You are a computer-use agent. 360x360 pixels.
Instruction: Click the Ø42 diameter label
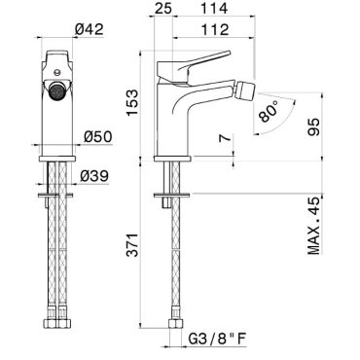(90, 29)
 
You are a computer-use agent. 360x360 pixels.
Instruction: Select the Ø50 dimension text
(98, 136)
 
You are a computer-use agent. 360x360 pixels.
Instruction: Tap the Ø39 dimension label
(94, 176)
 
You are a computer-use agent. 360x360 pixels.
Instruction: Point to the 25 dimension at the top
(162, 9)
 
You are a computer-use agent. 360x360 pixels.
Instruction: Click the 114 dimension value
(214, 9)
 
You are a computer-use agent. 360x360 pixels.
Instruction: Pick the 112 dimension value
(215, 29)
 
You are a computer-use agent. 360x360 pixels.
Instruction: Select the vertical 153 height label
(132, 102)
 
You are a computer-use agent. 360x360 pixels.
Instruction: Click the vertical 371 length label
(132, 244)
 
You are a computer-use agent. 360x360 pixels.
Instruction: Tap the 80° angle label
(270, 111)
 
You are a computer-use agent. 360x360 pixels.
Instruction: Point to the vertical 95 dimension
(313, 126)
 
